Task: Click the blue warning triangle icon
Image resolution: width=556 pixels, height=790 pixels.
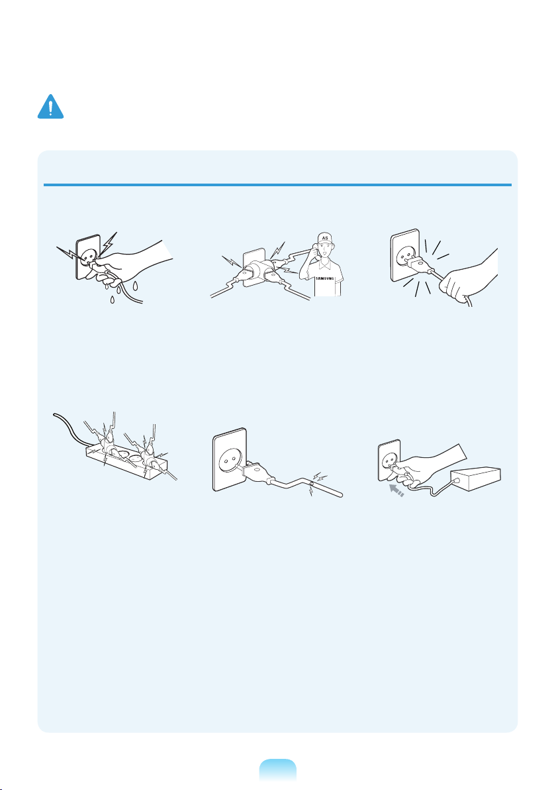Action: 50,107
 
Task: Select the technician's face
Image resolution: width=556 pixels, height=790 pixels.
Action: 326,253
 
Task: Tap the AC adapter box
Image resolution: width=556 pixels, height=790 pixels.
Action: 476,479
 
